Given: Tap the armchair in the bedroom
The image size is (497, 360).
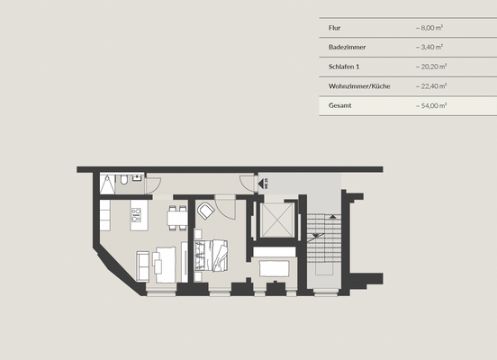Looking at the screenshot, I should (x=206, y=211).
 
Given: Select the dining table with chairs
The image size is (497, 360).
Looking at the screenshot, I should (x=176, y=216).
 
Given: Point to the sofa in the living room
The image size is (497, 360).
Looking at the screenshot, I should (x=143, y=264).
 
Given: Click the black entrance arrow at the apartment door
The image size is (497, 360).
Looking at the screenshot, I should (x=261, y=183).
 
